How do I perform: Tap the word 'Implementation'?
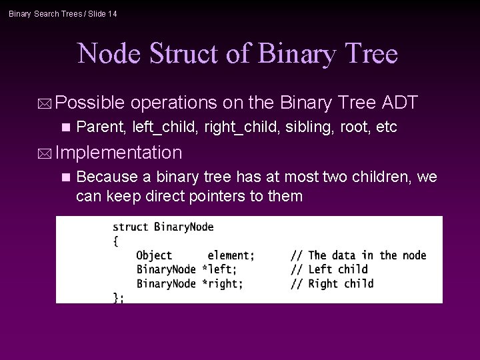coord(119,153)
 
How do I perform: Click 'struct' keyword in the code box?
coord(131,227)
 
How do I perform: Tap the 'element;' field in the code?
coord(231,255)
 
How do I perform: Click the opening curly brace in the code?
coord(115,241)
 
